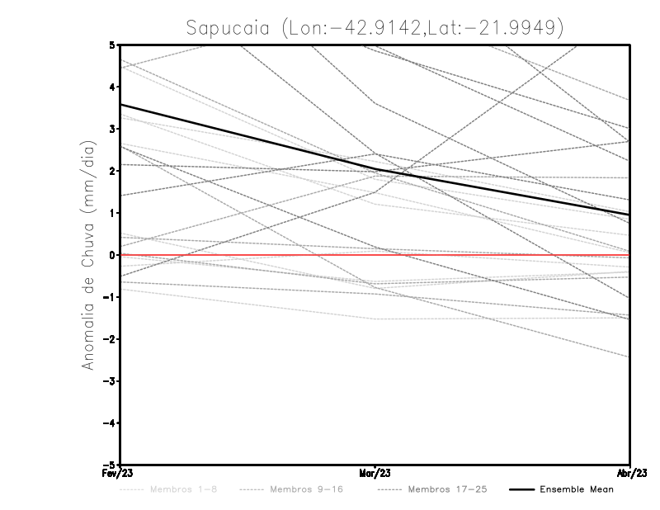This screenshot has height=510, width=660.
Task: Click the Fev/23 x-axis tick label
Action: click(120, 474)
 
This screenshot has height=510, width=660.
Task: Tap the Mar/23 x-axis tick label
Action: click(375, 474)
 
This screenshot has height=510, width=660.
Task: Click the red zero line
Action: click(495, 255)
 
